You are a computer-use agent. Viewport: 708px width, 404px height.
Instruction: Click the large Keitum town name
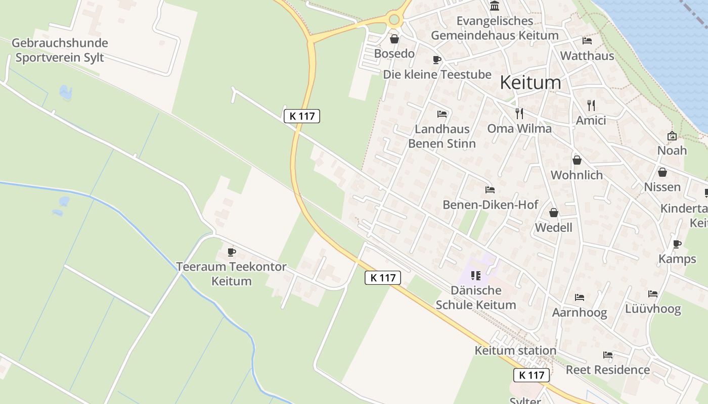(530, 82)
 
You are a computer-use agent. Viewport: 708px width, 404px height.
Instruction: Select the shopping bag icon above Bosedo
(394, 39)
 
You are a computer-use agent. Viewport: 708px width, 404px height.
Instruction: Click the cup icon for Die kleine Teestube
(436, 60)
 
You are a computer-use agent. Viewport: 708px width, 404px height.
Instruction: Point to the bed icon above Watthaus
(587, 41)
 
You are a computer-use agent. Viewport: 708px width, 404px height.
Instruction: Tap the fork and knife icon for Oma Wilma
(519, 113)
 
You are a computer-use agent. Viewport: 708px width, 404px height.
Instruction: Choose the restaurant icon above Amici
(591, 106)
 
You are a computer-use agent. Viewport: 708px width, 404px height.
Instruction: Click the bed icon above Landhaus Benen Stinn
(441, 114)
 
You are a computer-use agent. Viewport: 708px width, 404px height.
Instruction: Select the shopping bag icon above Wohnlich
(577, 161)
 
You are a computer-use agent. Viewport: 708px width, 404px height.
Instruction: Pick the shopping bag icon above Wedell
(554, 213)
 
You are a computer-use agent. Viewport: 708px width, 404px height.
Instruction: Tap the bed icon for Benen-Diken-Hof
(490, 190)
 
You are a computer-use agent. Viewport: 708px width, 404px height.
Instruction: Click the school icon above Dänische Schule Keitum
(475, 276)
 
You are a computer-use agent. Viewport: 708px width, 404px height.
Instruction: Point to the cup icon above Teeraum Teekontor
(232, 251)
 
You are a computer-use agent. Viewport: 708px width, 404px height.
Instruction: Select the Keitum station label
(515, 350)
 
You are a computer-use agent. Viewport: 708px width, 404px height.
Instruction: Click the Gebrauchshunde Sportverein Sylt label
(60, 50)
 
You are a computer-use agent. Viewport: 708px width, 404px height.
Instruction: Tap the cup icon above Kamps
(677, 244)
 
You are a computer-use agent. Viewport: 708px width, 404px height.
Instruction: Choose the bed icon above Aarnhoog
(579, 297)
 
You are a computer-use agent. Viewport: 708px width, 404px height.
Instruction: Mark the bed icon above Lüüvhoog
(653, 294)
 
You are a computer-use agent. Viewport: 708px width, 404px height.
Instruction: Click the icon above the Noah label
(672, 136)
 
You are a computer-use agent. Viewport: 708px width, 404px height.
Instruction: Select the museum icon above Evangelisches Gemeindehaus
(495, 6)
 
